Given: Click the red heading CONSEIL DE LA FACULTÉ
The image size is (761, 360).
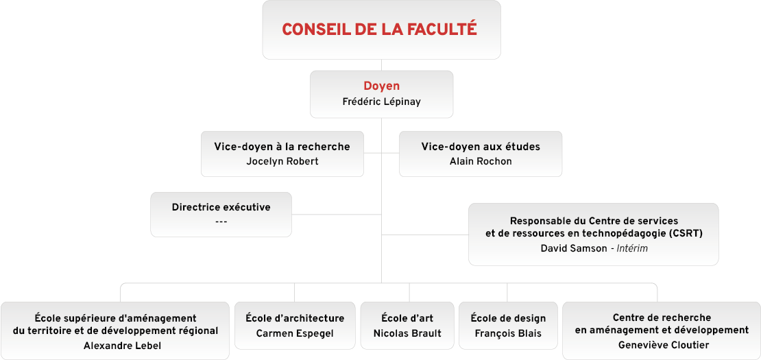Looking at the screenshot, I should [380, 29].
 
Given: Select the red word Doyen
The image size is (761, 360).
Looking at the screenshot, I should [381, 86].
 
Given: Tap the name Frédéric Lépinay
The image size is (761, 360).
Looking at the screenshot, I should [381, 101].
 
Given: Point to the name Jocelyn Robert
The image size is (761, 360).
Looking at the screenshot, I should [282, 162].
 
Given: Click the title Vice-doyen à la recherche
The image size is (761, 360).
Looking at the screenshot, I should [282, 147].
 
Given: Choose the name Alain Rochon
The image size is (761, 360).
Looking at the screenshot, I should [481, 162].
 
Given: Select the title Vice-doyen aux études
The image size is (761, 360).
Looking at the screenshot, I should [481, 147].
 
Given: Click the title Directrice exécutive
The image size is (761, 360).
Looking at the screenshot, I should [221, 207].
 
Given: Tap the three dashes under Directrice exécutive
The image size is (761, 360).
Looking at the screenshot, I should [221, 221].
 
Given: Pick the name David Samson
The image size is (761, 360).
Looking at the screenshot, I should [573, 248].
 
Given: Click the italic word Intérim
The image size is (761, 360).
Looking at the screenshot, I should [632, 248].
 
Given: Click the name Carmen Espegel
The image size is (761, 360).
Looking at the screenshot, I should [295, 333].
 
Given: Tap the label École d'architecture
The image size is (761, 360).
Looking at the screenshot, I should [295, 318].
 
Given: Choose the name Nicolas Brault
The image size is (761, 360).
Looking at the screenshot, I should [407, 333].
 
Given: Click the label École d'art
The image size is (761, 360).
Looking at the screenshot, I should [407, 318].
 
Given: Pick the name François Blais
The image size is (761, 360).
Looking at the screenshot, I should [508, 333].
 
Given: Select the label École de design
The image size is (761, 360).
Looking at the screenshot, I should [508, 318].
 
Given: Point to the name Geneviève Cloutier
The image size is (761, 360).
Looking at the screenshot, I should [662, 346].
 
